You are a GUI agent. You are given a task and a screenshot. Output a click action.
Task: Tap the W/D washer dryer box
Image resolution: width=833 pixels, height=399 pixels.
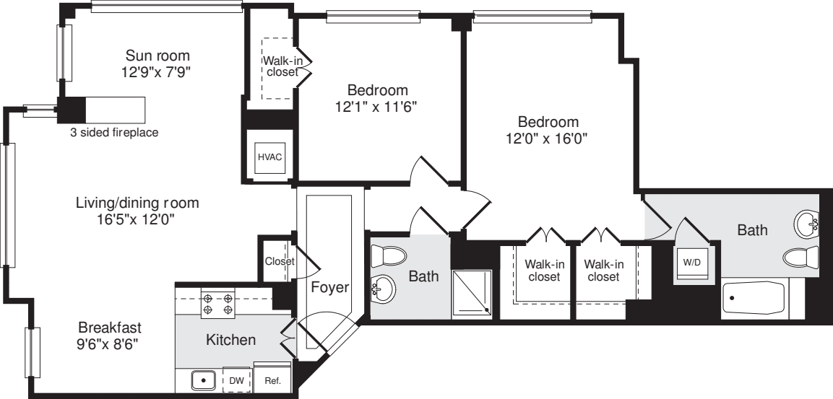click(691, 262)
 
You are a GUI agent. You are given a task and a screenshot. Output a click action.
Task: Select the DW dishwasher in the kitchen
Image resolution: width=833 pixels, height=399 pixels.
click(237, 380)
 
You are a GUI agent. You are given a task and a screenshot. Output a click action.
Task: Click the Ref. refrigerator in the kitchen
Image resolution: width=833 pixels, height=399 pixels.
click(273, 380)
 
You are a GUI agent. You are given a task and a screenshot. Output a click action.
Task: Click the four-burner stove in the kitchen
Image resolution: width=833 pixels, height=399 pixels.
click(218, 303)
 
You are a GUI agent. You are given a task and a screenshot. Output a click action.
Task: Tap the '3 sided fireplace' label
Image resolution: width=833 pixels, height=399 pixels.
click(114, 133)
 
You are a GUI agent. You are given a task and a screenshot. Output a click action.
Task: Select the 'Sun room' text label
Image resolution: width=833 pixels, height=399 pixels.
click(157, 56)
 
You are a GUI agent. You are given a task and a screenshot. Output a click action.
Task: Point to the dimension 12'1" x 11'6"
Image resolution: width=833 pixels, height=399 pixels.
click(377, 108)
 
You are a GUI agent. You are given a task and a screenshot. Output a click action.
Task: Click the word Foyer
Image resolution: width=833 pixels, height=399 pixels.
click(330, 287)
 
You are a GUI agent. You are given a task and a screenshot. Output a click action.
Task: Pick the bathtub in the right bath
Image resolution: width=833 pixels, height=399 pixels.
click(754, 299)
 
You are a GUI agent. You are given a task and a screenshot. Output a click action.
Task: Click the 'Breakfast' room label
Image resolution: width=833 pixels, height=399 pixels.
click(110, 327)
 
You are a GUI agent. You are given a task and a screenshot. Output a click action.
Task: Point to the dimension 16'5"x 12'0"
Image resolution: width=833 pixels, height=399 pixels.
click(137, 220)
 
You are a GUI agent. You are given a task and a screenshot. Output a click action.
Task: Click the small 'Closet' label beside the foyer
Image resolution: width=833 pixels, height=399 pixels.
click(279, 261)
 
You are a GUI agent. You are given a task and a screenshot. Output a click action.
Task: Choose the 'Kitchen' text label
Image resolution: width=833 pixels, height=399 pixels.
click(230, 339)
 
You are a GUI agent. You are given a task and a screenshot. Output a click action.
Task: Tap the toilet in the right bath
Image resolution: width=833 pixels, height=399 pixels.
click(802, 257)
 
